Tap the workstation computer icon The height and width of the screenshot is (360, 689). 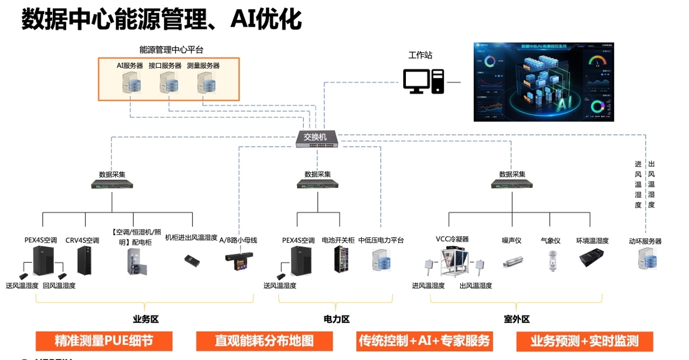[423, 81]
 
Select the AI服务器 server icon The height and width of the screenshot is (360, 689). [131, 84]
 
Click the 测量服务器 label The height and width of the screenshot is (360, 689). [203, 66]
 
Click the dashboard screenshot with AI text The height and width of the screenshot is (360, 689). [543, 81]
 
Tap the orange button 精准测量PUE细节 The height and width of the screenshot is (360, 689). [104, 341]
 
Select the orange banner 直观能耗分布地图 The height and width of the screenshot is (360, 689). [264, 341]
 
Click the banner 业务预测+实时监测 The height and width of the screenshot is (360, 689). [584, 341]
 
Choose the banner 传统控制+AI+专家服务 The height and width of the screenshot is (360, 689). [424, 341]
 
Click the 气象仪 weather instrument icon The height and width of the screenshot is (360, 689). [550, 261]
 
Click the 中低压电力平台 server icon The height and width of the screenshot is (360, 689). [381, 260]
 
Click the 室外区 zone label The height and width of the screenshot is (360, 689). [516, 320]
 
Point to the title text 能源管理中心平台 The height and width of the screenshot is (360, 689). [171, 50]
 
